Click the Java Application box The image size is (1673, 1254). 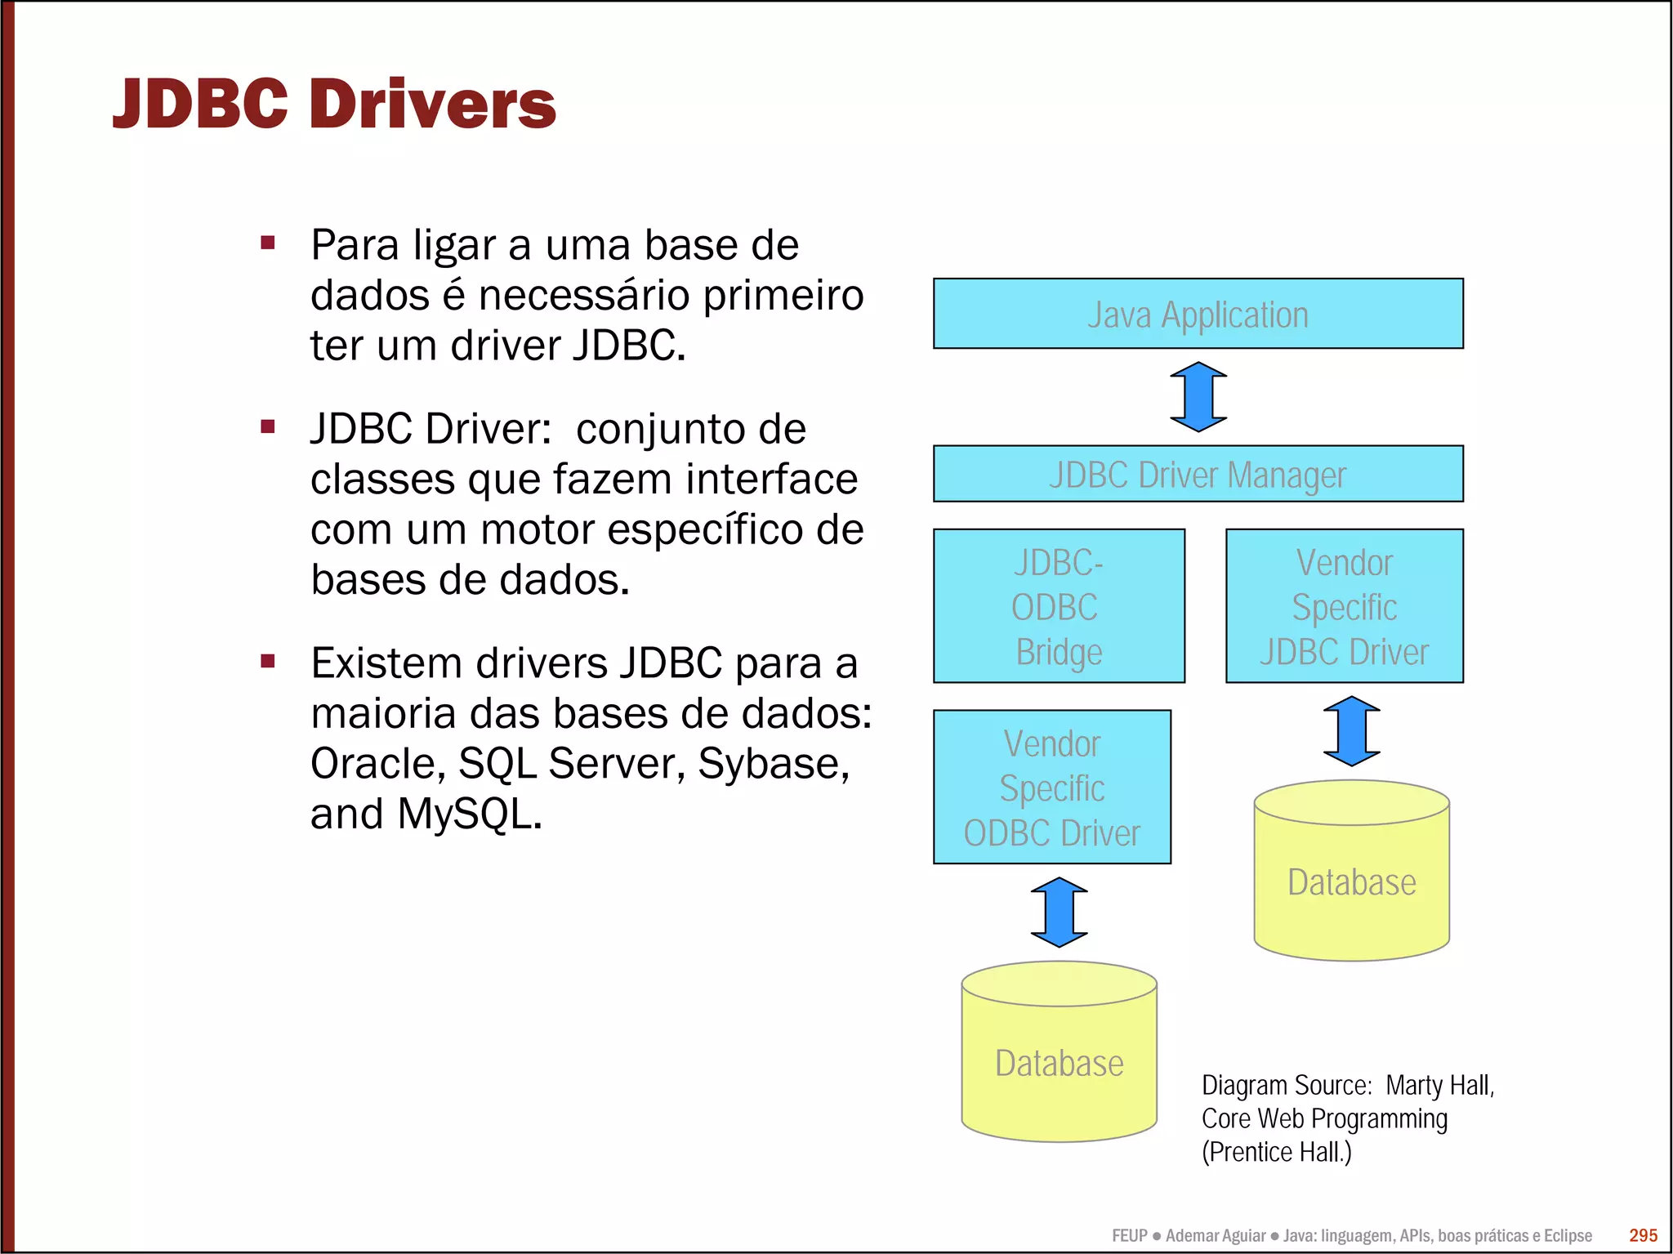1198,314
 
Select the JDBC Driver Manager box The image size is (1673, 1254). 1198,474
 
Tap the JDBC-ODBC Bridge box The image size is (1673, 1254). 1059,606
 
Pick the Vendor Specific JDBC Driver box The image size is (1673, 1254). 1345,606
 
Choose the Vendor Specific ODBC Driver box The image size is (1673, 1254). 1052,788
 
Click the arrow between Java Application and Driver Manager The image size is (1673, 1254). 1198,397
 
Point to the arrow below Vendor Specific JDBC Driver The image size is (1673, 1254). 1352,731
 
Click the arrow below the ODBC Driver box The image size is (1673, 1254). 1060,913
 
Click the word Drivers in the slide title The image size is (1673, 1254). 433,105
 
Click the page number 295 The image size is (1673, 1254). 1643,1235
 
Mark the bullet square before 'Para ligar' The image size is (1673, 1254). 268,243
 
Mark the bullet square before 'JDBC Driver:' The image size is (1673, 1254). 268,426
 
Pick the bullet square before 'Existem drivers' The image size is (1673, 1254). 268,661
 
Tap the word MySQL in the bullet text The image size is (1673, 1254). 469,814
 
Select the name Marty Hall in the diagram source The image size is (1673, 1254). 1439,1086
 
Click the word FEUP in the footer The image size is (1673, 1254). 1129,1236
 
